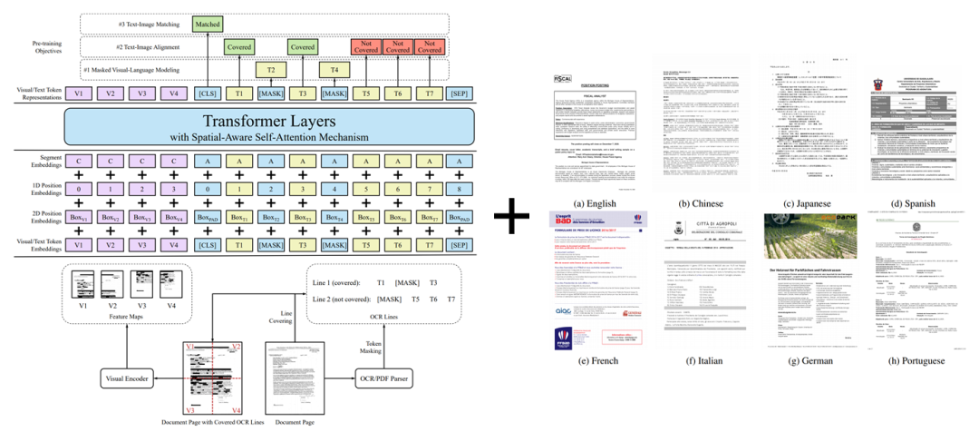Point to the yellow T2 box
(269, 69)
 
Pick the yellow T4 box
(334, 69)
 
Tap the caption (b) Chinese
(699, 204)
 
